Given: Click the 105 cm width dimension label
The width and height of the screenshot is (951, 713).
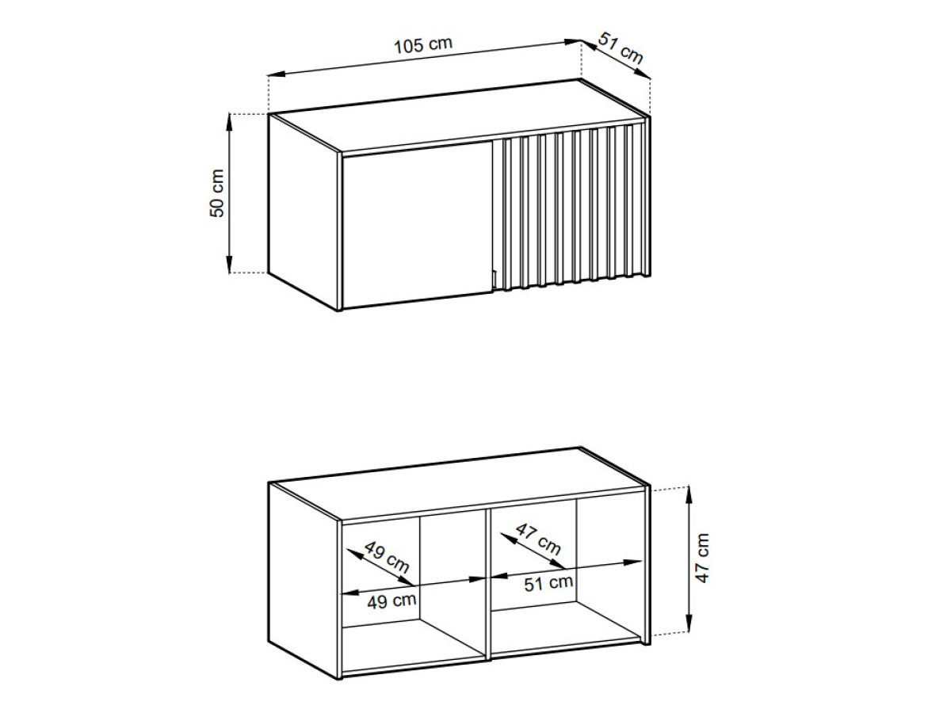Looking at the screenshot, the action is coord(423,45).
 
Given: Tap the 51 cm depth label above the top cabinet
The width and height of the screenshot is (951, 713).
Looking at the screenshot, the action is coord(621,48).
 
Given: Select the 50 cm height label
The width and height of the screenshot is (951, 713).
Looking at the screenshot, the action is coord(216,193).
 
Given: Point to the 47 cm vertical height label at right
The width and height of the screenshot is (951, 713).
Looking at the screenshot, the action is coord(702,559).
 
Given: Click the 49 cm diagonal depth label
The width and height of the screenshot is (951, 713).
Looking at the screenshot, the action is coord(387,557).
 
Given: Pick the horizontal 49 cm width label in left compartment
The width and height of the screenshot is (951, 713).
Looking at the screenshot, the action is coord(391,601).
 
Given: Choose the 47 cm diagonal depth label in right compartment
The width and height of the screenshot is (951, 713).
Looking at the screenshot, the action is coord(539,540).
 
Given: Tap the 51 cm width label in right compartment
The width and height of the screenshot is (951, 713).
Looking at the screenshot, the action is coord(548,583).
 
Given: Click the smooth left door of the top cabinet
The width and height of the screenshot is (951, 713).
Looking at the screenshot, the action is coord(417,224).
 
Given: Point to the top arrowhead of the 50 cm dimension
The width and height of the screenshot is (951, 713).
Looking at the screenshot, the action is coord(229,122).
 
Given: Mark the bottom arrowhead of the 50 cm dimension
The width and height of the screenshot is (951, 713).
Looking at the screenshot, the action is coord(229,265).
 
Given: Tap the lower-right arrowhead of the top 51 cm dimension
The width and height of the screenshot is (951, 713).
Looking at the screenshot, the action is coord(644,75).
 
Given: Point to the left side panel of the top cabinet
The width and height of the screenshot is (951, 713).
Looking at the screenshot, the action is coord(303,212).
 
